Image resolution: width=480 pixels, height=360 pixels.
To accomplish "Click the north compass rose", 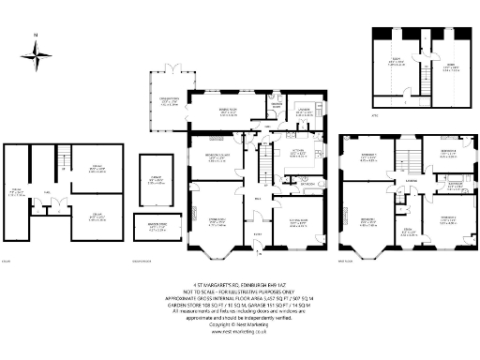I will click(x=37, y=61).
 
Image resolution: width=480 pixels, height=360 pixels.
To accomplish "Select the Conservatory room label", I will click(x=169, y=101).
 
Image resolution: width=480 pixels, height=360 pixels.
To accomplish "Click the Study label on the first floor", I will click(x=406, y=231).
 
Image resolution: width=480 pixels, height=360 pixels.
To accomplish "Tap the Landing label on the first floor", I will click(x=412, y=181).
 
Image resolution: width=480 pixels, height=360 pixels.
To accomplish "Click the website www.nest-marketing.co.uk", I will click(x=239, y=332).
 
